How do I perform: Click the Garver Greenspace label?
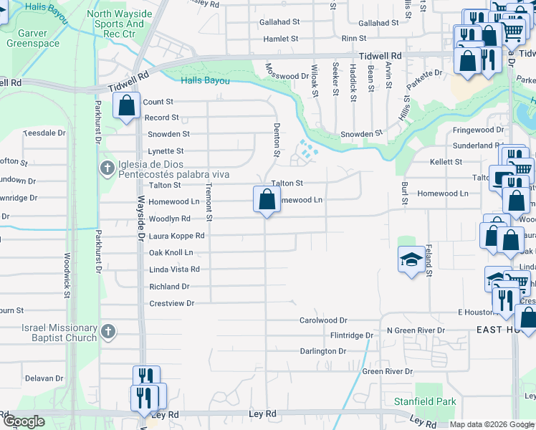tap(33, 38)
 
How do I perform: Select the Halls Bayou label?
tap(206, 81)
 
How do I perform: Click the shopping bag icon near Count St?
tap(127, 107)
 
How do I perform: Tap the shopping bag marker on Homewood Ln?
tap(266, 199)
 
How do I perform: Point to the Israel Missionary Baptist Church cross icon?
tap(107, 331)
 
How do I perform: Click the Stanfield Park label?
tap(424, 401)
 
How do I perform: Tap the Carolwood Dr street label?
tap(322, 320)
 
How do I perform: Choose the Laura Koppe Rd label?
tap(176, 235)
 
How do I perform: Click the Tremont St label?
tap(209, 201)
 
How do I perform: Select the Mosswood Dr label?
tap(286, 75)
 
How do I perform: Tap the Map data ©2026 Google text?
tap(492, 424)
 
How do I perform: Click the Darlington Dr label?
tap(322, 351)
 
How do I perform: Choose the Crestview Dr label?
tap(171, 303)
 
